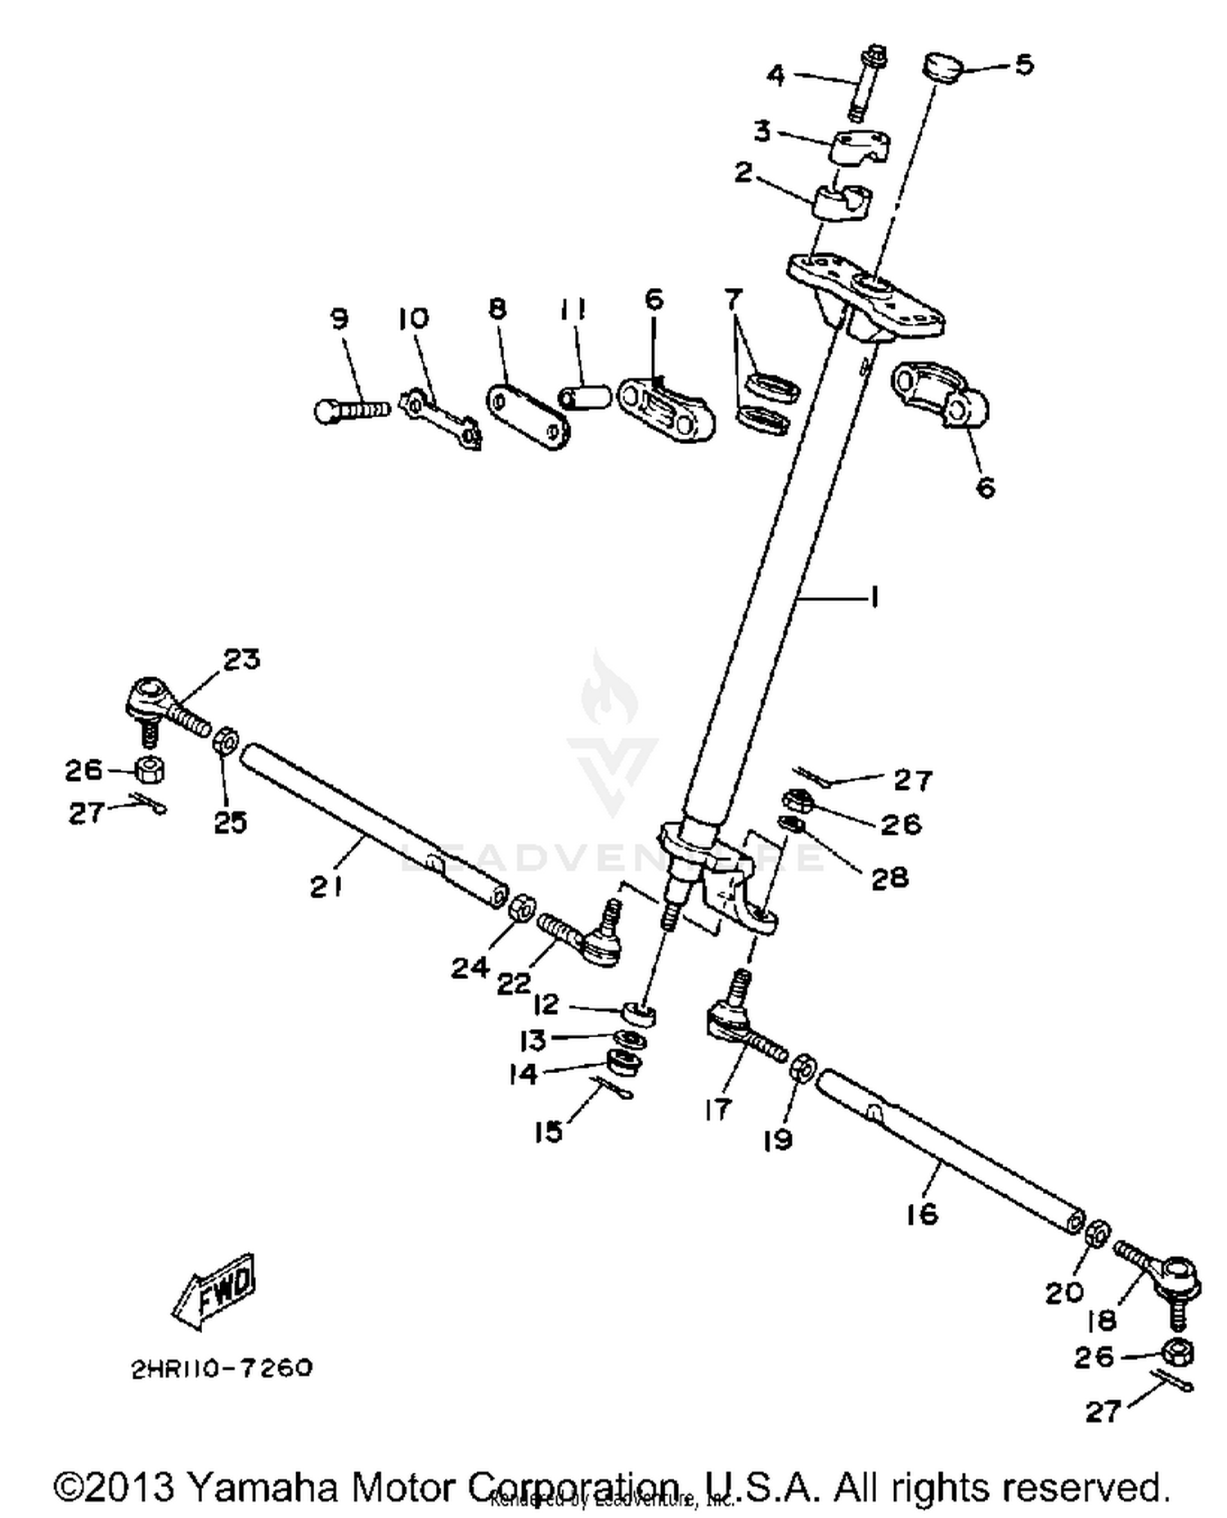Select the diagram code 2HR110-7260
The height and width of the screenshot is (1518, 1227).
click(222, 1368)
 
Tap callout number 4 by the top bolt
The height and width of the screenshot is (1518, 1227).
click(775, 76)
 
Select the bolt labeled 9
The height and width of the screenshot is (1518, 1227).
click(352, 409)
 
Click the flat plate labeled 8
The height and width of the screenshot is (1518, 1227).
click(528, 418)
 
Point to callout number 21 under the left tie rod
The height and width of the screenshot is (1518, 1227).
click(326, 886)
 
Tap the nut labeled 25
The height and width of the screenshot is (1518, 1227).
click(226, 742)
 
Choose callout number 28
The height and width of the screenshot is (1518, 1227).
click(889, 877)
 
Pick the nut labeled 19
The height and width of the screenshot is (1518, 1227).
click(802, 1067)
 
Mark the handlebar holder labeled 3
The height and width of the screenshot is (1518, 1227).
click(862, 146)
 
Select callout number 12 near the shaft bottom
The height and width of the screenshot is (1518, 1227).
click(546, 1004)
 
